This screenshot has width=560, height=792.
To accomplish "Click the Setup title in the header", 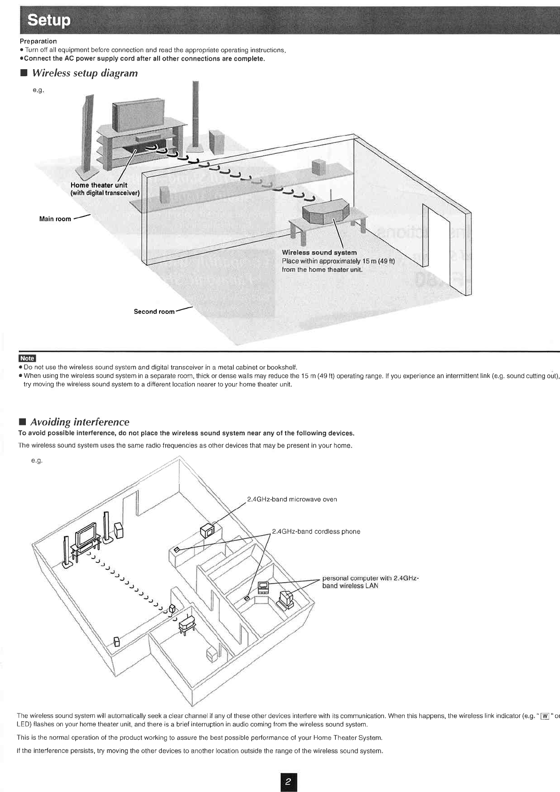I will point(49,20).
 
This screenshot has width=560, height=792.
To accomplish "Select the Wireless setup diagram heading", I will point(85,73).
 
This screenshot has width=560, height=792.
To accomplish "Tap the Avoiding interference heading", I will point(80,422).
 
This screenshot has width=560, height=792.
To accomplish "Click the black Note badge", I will point(27,358).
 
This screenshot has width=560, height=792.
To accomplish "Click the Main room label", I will point(55,219).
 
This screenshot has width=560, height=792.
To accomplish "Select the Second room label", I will point(154,312).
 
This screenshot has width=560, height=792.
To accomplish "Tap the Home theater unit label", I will point(99,185).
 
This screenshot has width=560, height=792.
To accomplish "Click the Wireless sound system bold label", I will point(319,253).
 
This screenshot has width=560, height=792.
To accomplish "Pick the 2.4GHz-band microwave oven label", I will point(292,499).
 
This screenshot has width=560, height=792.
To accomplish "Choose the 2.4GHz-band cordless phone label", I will point(316,532).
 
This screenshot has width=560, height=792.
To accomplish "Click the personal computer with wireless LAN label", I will point(370,582).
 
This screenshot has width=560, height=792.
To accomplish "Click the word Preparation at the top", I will point(38,41).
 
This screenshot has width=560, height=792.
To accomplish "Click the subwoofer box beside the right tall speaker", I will point(217,142).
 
